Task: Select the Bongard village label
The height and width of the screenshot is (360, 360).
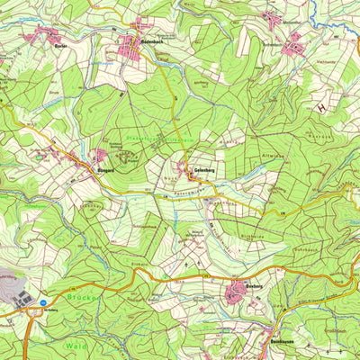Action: [103, 167]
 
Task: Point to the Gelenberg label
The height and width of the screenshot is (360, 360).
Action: [203, 170]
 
